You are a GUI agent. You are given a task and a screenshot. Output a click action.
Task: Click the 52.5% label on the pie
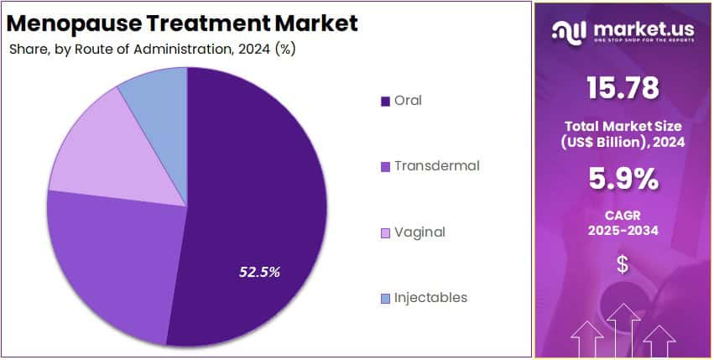tap(260, 272)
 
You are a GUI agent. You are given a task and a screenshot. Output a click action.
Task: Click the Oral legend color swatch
tap(385, 102)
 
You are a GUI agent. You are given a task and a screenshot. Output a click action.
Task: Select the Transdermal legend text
tap(436, 166)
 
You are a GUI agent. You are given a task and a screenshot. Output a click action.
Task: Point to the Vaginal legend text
tap(420, 232)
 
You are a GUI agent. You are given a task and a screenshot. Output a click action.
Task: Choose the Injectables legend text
tap(431, 298)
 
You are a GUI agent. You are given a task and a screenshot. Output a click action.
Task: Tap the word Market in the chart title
tap(319, 23)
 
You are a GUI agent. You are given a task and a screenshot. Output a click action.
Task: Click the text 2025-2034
tap(623, 230)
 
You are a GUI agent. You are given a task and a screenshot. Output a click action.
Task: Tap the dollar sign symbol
tap(623, 264)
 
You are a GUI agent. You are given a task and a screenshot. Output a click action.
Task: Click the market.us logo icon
tap(570, 32)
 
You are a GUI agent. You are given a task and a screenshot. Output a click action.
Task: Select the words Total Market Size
tap(623, 126)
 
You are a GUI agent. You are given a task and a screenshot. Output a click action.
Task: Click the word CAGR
tap(623, 214)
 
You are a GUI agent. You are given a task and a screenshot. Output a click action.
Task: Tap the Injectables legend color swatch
tap(385, 299)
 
